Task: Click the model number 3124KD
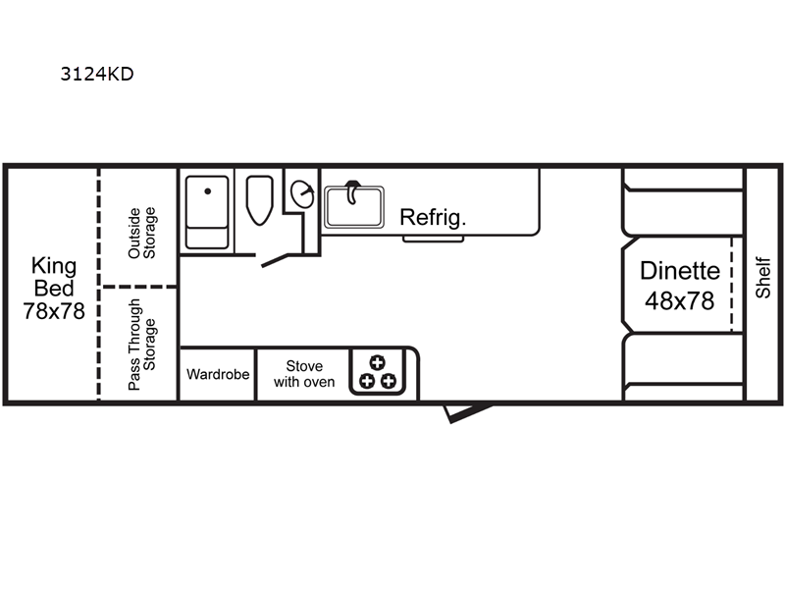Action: click(x=97, y=75)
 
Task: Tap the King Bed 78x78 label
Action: click(x=54, y=289)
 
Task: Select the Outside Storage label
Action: click(x=141, y=233)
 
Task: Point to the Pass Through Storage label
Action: click(x=141, y=345)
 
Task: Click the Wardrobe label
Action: click(x=218, y=374)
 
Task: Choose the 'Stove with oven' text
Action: click(x=304, y=374)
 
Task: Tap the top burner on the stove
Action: click(x=377, y=362)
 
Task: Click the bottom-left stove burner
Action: click(x=367, y=381)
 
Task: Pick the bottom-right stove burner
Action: click(x=388, y=381)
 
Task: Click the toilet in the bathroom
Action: click(x=259, y=200)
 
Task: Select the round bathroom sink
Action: click(x=302, y=193)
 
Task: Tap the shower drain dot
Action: click(x=208, y=190)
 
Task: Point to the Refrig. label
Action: click(x=433, y=217)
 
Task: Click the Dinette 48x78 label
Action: click(x=679, y=286)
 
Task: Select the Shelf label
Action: click(x=762, y=278)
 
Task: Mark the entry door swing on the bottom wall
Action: click(x=467, y=412)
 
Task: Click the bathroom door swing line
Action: click(x=275, y=260)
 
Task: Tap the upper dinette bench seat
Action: click(x=682, y=202)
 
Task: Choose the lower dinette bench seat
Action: click(x=682, y=367)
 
